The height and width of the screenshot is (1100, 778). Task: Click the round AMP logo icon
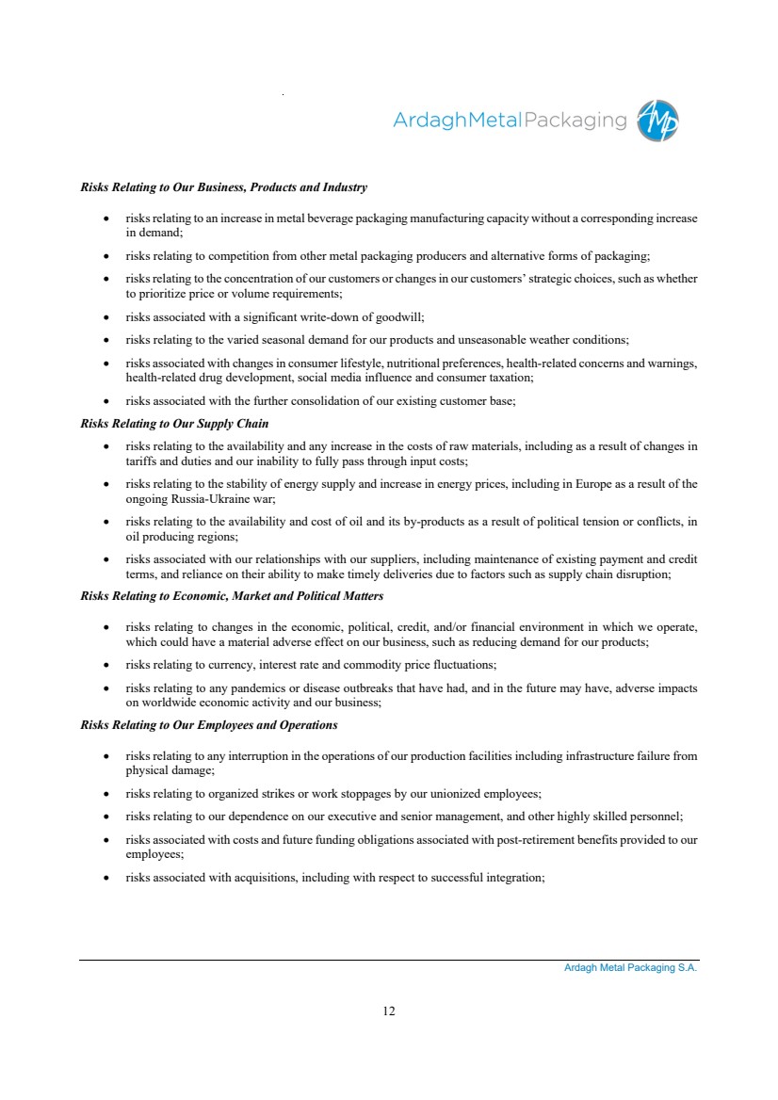tap(657, 121)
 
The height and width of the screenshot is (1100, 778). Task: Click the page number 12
tap(389, 1011)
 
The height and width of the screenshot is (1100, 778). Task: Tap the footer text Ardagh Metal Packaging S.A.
tap(624, 967)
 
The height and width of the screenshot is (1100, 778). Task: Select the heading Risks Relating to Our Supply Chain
tap(174, 423)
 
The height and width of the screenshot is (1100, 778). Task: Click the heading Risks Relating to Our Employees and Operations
tap(209, 724)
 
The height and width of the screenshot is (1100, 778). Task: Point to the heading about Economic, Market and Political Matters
tap(232, 596)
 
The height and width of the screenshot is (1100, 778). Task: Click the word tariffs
tap(141, 461)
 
